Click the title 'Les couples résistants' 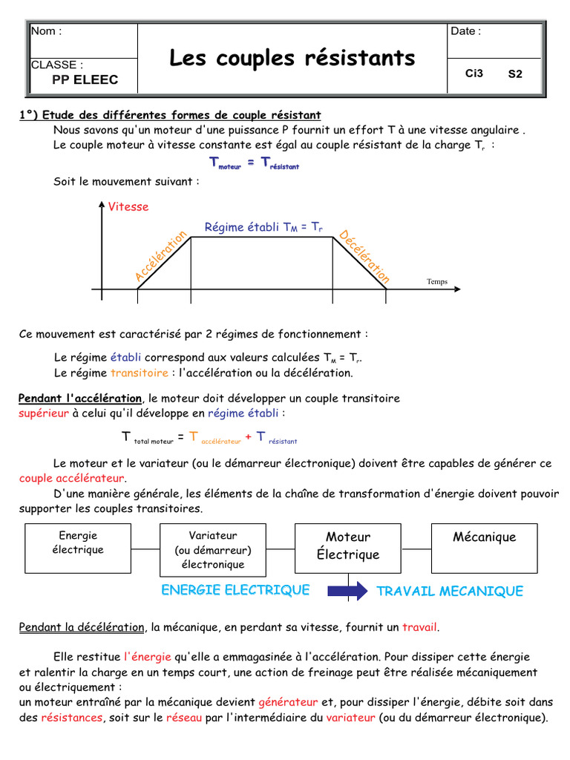coord(292,58)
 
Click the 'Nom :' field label coord(46,31)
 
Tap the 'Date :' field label coord(465,31)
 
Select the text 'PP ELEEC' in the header coord(85,80)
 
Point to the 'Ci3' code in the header coord(474,73)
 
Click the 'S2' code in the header coord(515,74)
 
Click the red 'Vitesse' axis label coord(128,207)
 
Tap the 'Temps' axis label coord(437,282)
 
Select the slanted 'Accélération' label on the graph coord(161,256)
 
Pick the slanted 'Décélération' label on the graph coord(364,257)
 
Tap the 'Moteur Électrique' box coord(348,546)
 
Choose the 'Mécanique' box coord(485,537)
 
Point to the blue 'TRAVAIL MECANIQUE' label coord(450,592)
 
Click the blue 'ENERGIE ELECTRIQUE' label coord(235,590)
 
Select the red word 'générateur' coord(288,702)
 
